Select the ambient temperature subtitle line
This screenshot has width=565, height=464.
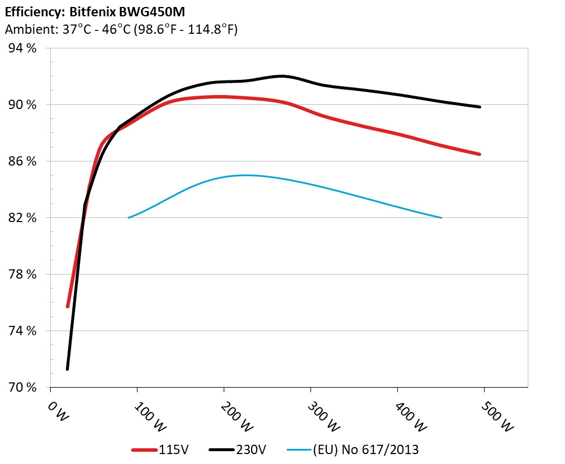pyautogui.click(x=121, y=30)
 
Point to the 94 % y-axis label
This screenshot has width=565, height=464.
pyautogui.click(x=22, y=48)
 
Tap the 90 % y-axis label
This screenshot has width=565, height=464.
pyautogui.click(x=22, y=105)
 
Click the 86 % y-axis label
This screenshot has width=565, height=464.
pyautogui.click(x=22, y=161)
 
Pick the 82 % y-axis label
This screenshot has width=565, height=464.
pyautogui.click(x=22, y=218)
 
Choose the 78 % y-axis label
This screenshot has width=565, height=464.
pyautogui.click(x=22, y=275)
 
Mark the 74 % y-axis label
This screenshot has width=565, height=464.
pyautogui.click(x=22, y=331)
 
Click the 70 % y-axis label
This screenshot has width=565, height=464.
pyautogui.click(x=22, y=388)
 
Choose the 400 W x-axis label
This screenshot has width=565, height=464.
pyautogui.click(x=411, y=416)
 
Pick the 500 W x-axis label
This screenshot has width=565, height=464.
pyautogui.click(x=498, y=416)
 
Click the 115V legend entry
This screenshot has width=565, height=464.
pyautogui.click(x=160, y=449)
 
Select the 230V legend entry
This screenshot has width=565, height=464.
pyautogui.click(x=239, y=449)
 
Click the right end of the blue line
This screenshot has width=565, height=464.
pyautogui.click(x=442, y=217)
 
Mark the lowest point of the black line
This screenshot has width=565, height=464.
pyautogui.click(x=68, y=369)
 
